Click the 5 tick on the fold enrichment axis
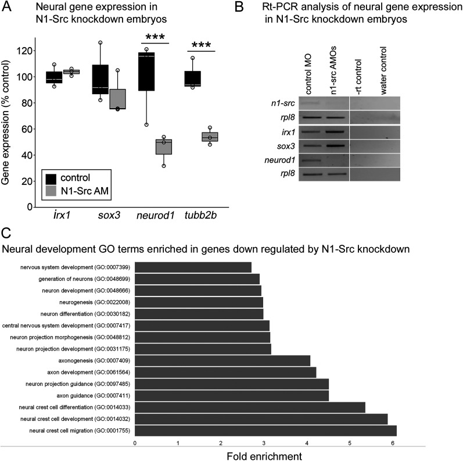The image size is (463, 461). coord(349,442)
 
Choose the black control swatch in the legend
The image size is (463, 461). coord(52,177)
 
